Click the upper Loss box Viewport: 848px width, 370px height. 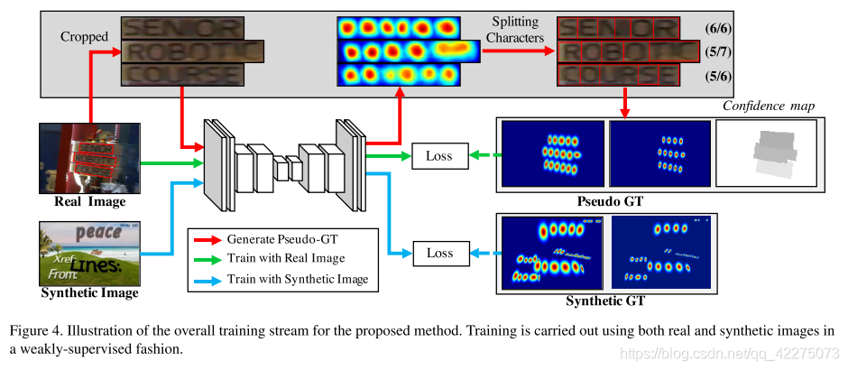click(x=439, y=156)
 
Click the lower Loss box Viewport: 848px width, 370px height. click(x=439, y=253)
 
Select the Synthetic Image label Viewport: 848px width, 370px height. click(x=90, y=292)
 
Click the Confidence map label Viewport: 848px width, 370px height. click(x=769, y=106)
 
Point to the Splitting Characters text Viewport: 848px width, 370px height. click(x=517, y=30)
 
